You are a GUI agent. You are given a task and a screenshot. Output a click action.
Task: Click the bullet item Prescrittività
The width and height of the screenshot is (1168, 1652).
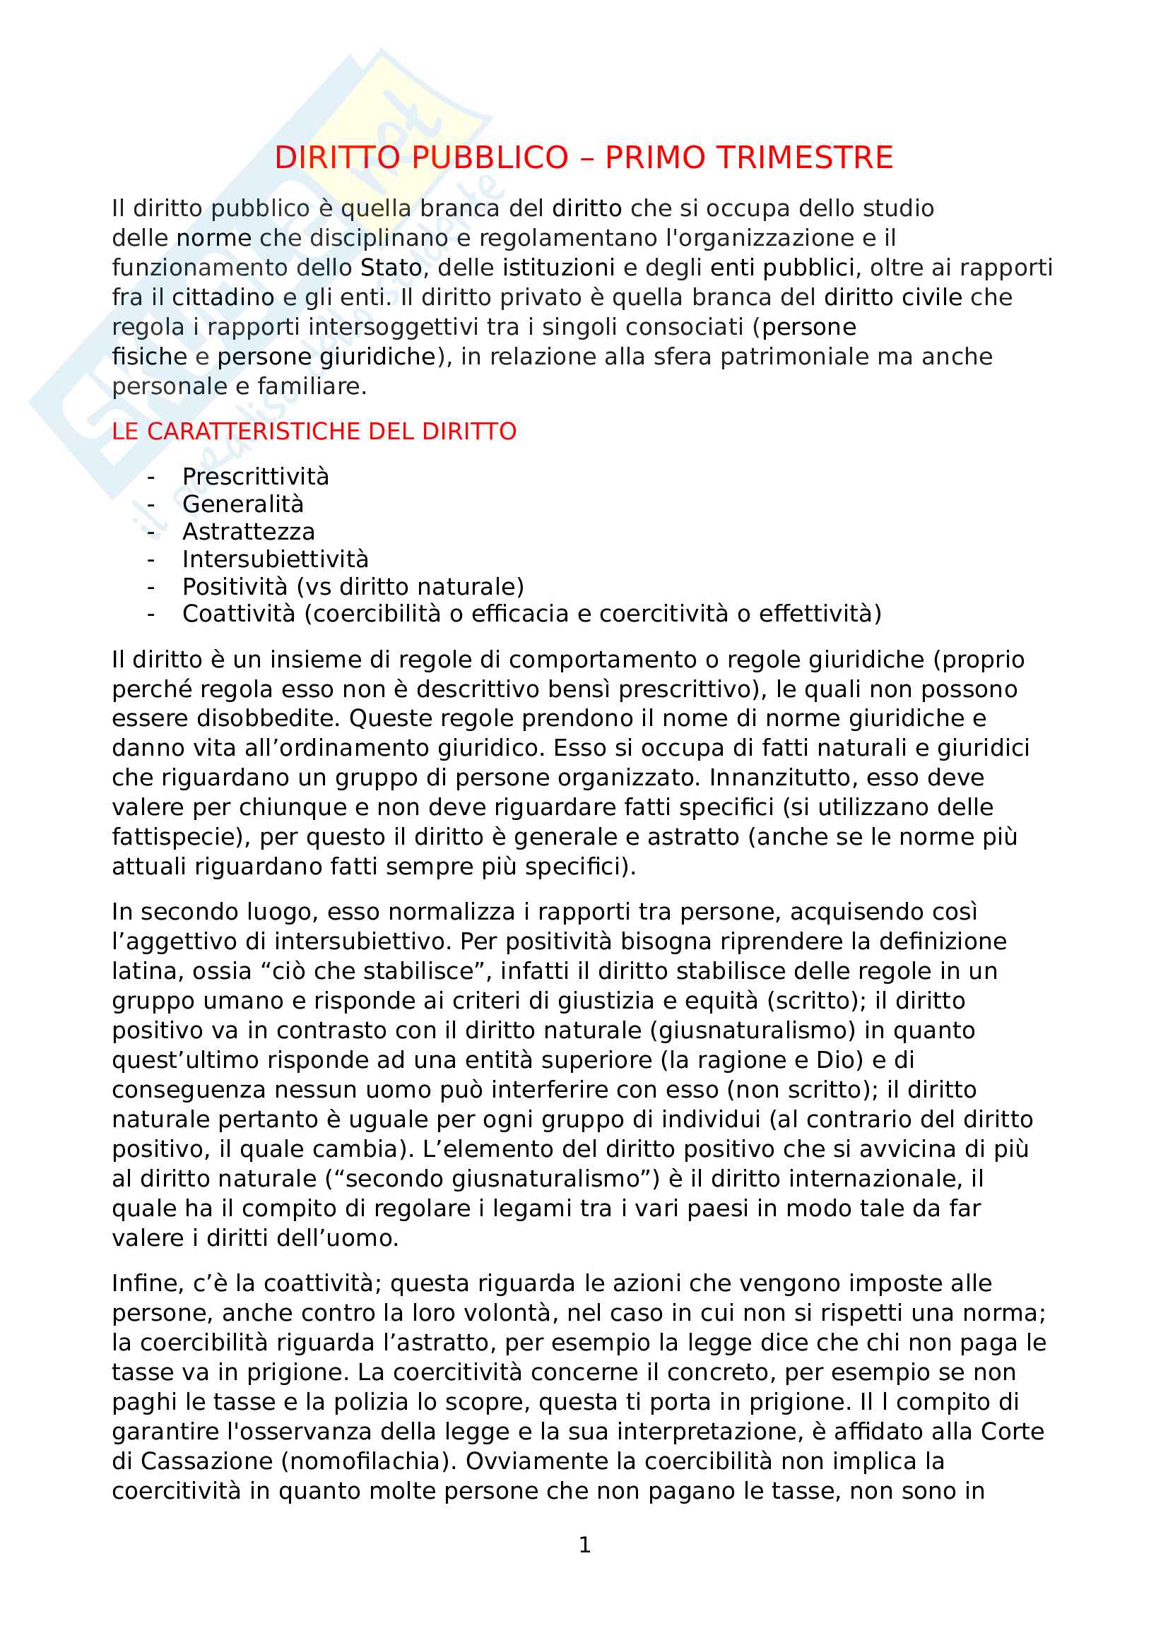pos(256,476)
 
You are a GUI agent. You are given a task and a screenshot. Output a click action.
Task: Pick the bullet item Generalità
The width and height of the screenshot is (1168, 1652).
pos(242,504)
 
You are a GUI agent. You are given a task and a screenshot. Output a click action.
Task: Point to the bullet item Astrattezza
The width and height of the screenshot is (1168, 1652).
pos(248,532)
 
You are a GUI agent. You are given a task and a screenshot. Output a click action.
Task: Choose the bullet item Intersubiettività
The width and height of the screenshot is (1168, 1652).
pos(275,559)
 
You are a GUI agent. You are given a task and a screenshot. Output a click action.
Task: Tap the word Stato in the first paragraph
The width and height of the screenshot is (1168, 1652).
pos(391,268)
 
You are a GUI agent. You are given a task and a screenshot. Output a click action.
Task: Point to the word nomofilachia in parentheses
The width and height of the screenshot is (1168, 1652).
pos(373,1461)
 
